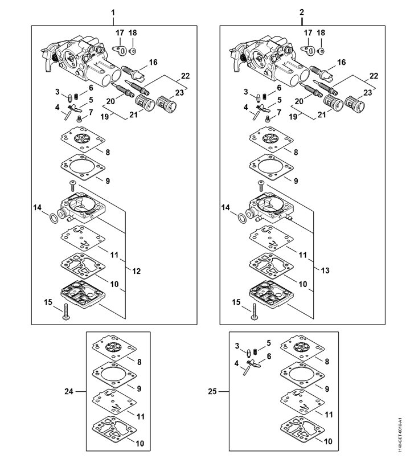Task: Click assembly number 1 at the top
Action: [113, 12]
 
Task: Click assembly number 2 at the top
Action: [301, 12]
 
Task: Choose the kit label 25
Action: [212, 391]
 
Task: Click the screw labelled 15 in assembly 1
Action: [65, 313]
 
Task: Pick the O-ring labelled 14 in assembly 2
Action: [242, 217]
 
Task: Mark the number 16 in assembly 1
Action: [153, 62]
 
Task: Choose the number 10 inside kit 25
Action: [328, 441]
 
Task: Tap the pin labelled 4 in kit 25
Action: [245, 370]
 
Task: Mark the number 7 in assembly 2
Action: [279, 112]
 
